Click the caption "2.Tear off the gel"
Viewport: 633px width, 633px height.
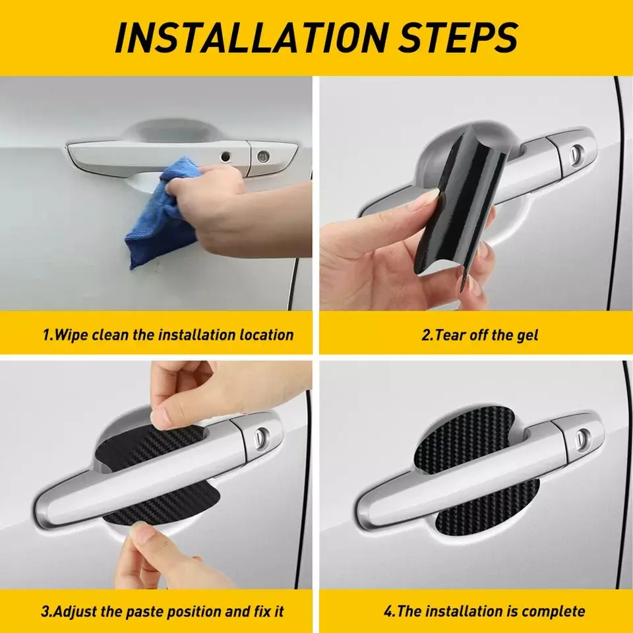click(479, 335)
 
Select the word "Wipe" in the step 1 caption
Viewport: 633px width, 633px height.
click(71, 335)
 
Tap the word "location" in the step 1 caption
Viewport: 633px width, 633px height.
click(266, 335)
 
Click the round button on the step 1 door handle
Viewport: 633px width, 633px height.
click(226, 156)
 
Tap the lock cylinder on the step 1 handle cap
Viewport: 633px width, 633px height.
click(263, 156)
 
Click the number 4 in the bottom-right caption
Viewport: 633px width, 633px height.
click(388, 611)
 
